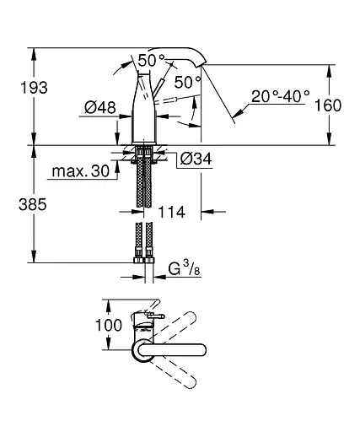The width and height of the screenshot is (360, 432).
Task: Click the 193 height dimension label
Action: click(x=34, y=88)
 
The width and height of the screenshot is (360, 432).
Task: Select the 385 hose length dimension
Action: click(x=33, y=204)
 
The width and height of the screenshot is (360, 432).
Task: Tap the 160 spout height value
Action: click(x=328, y=105)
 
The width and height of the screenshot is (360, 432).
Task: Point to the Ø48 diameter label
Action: click(x=100, y=107)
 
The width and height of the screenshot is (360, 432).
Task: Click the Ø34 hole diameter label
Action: click(x=196, y=159)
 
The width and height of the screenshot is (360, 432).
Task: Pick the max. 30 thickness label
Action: click(x=81, y=171)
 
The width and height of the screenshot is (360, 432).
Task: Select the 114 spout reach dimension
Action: click(x=172, y=212)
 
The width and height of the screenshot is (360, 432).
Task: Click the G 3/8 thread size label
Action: click(x=184, y=267)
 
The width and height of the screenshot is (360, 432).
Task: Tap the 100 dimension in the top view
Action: click(x=109, y=325)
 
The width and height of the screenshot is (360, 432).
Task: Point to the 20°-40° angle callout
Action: click(x=281, y=96)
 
